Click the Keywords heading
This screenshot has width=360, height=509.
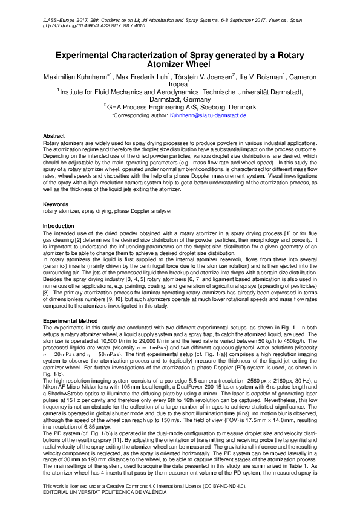(55, 204)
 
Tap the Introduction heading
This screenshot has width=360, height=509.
(59, 225)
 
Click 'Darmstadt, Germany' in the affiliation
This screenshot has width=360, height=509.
(180, 99)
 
